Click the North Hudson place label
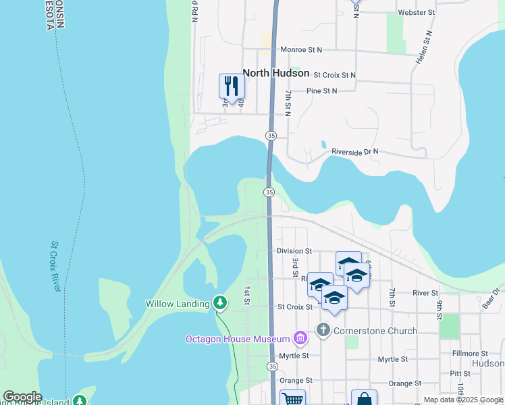275,73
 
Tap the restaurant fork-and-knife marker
232,86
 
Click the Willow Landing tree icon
219,302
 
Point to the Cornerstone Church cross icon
323,330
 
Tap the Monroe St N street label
301,50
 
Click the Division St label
294,250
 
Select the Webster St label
417,12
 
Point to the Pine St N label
321,90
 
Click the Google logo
22,397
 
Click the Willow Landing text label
178,304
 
